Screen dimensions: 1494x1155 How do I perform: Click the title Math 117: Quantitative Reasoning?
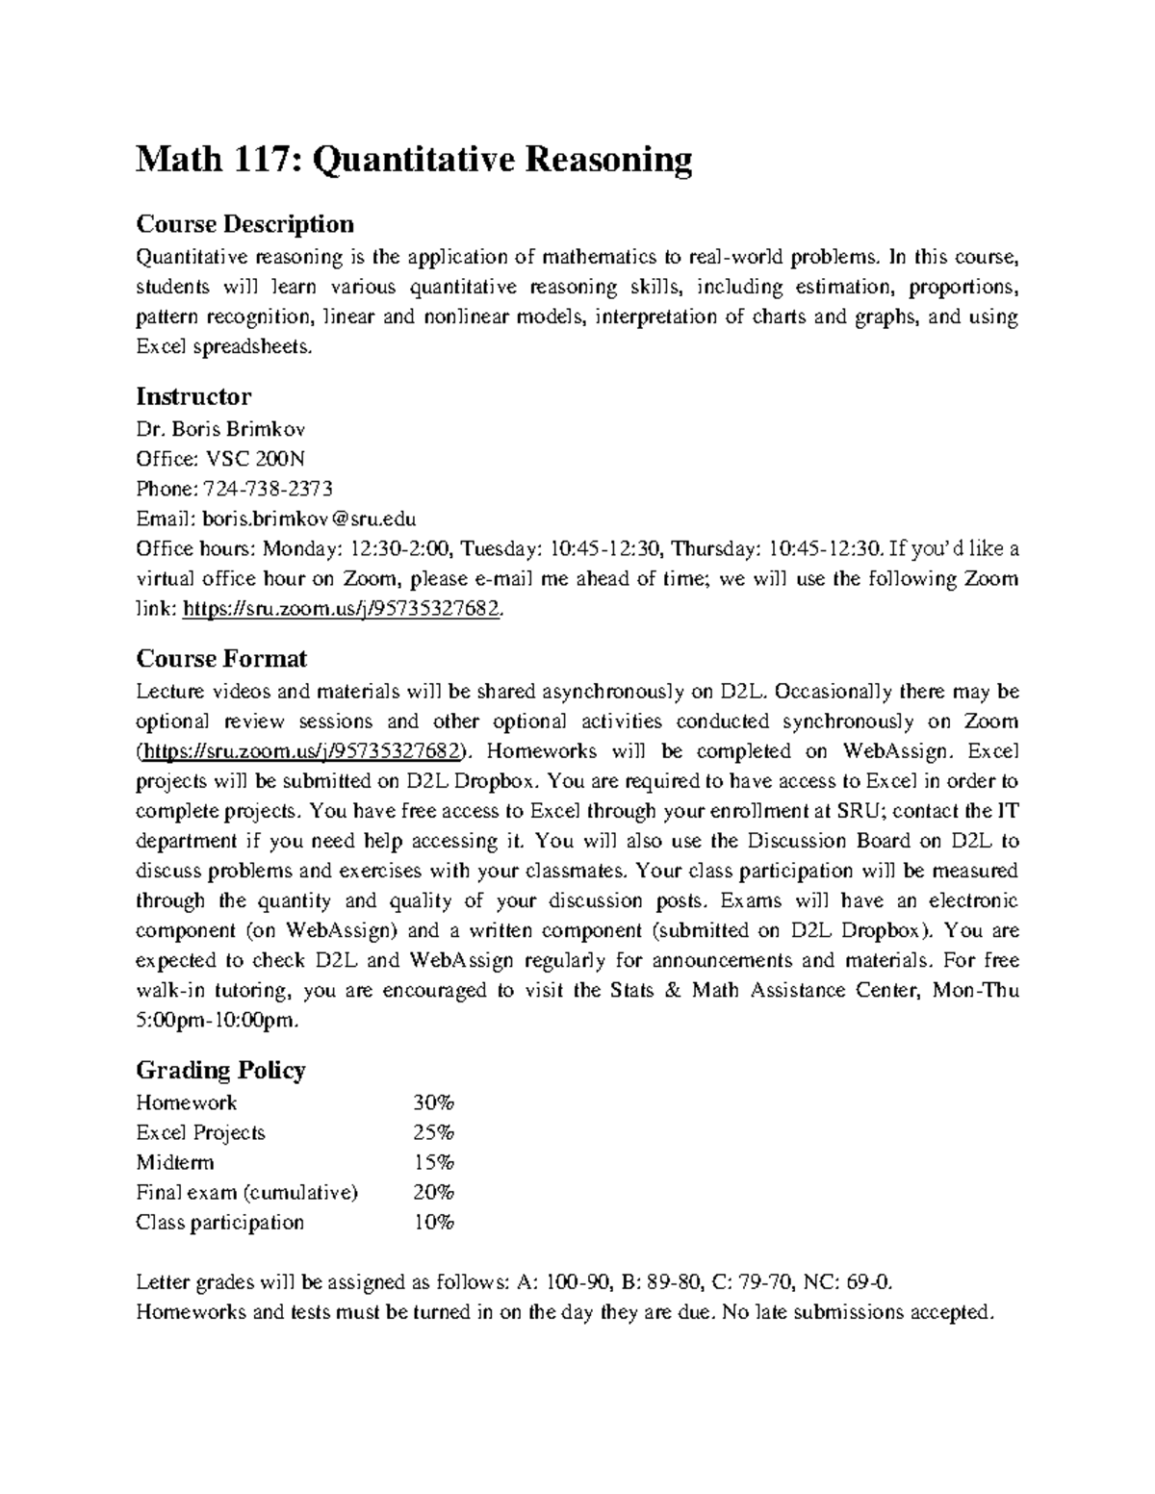click(x=414, y=160)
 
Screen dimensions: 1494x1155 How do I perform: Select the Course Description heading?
click(x=244, y=224)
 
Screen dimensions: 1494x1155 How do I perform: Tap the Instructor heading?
click(x=193, y=396)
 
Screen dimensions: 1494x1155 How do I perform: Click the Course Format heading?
click(x=221, y=659)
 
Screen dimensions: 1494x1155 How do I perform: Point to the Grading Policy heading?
click(x=220, y=1070)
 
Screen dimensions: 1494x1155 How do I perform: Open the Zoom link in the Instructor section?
click(x=341, y=610)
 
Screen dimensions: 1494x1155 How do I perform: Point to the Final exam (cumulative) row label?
click(x=246, y=1193)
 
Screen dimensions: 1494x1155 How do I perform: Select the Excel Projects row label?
click(x=200, y=1132)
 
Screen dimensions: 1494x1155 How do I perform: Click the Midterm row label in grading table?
click(x=175, y=1162)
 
